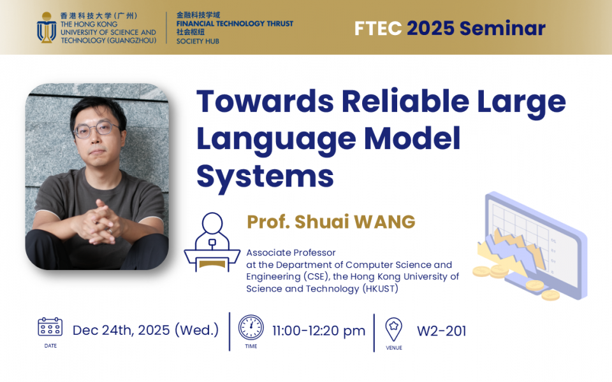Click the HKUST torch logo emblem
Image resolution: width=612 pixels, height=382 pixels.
pos(47,27)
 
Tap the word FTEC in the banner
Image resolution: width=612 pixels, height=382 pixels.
pos(378,29)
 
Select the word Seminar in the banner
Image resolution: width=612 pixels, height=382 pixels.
pos(502,29)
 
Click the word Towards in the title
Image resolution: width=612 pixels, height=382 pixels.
pos(265,101)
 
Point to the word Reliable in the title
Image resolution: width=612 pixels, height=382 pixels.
pos(405,101)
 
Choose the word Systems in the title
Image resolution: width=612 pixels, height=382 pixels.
pos(265,176)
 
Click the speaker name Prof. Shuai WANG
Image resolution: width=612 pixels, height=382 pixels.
pos(331,222)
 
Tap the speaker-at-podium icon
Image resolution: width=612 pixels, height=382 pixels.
pos(212,242)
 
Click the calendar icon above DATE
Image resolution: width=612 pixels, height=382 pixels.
pos(50,327)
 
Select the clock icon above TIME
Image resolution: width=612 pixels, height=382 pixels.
pos(251,327)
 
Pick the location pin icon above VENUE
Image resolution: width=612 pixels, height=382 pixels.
pos(393,329)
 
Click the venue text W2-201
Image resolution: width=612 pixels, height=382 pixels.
pos(441,331)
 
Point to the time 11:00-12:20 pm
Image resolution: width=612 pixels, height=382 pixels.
pos(319,331)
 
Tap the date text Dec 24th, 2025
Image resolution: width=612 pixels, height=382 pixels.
pos(121,330)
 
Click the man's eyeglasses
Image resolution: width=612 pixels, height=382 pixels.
pos(96,129)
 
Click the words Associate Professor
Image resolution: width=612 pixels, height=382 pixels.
pos(291,253)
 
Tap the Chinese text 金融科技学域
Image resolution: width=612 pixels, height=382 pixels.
pos(198,15)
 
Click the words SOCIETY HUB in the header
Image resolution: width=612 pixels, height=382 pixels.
pos(198,41)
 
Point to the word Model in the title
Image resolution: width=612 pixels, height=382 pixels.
pos(412,138)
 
